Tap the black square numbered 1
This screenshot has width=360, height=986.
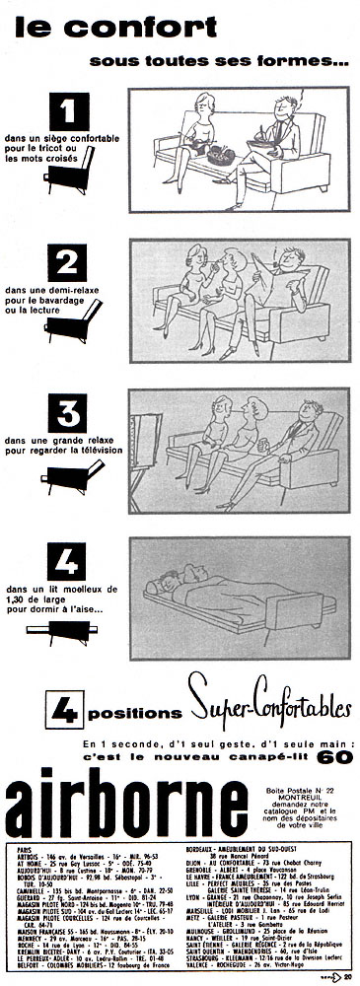coord(68,110)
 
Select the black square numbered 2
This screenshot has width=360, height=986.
coord(68,262)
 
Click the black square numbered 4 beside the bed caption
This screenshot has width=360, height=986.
coord(68,560)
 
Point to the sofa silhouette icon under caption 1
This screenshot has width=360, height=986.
coord(70,172)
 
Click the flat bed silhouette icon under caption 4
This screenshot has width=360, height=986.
coord(70,630)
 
